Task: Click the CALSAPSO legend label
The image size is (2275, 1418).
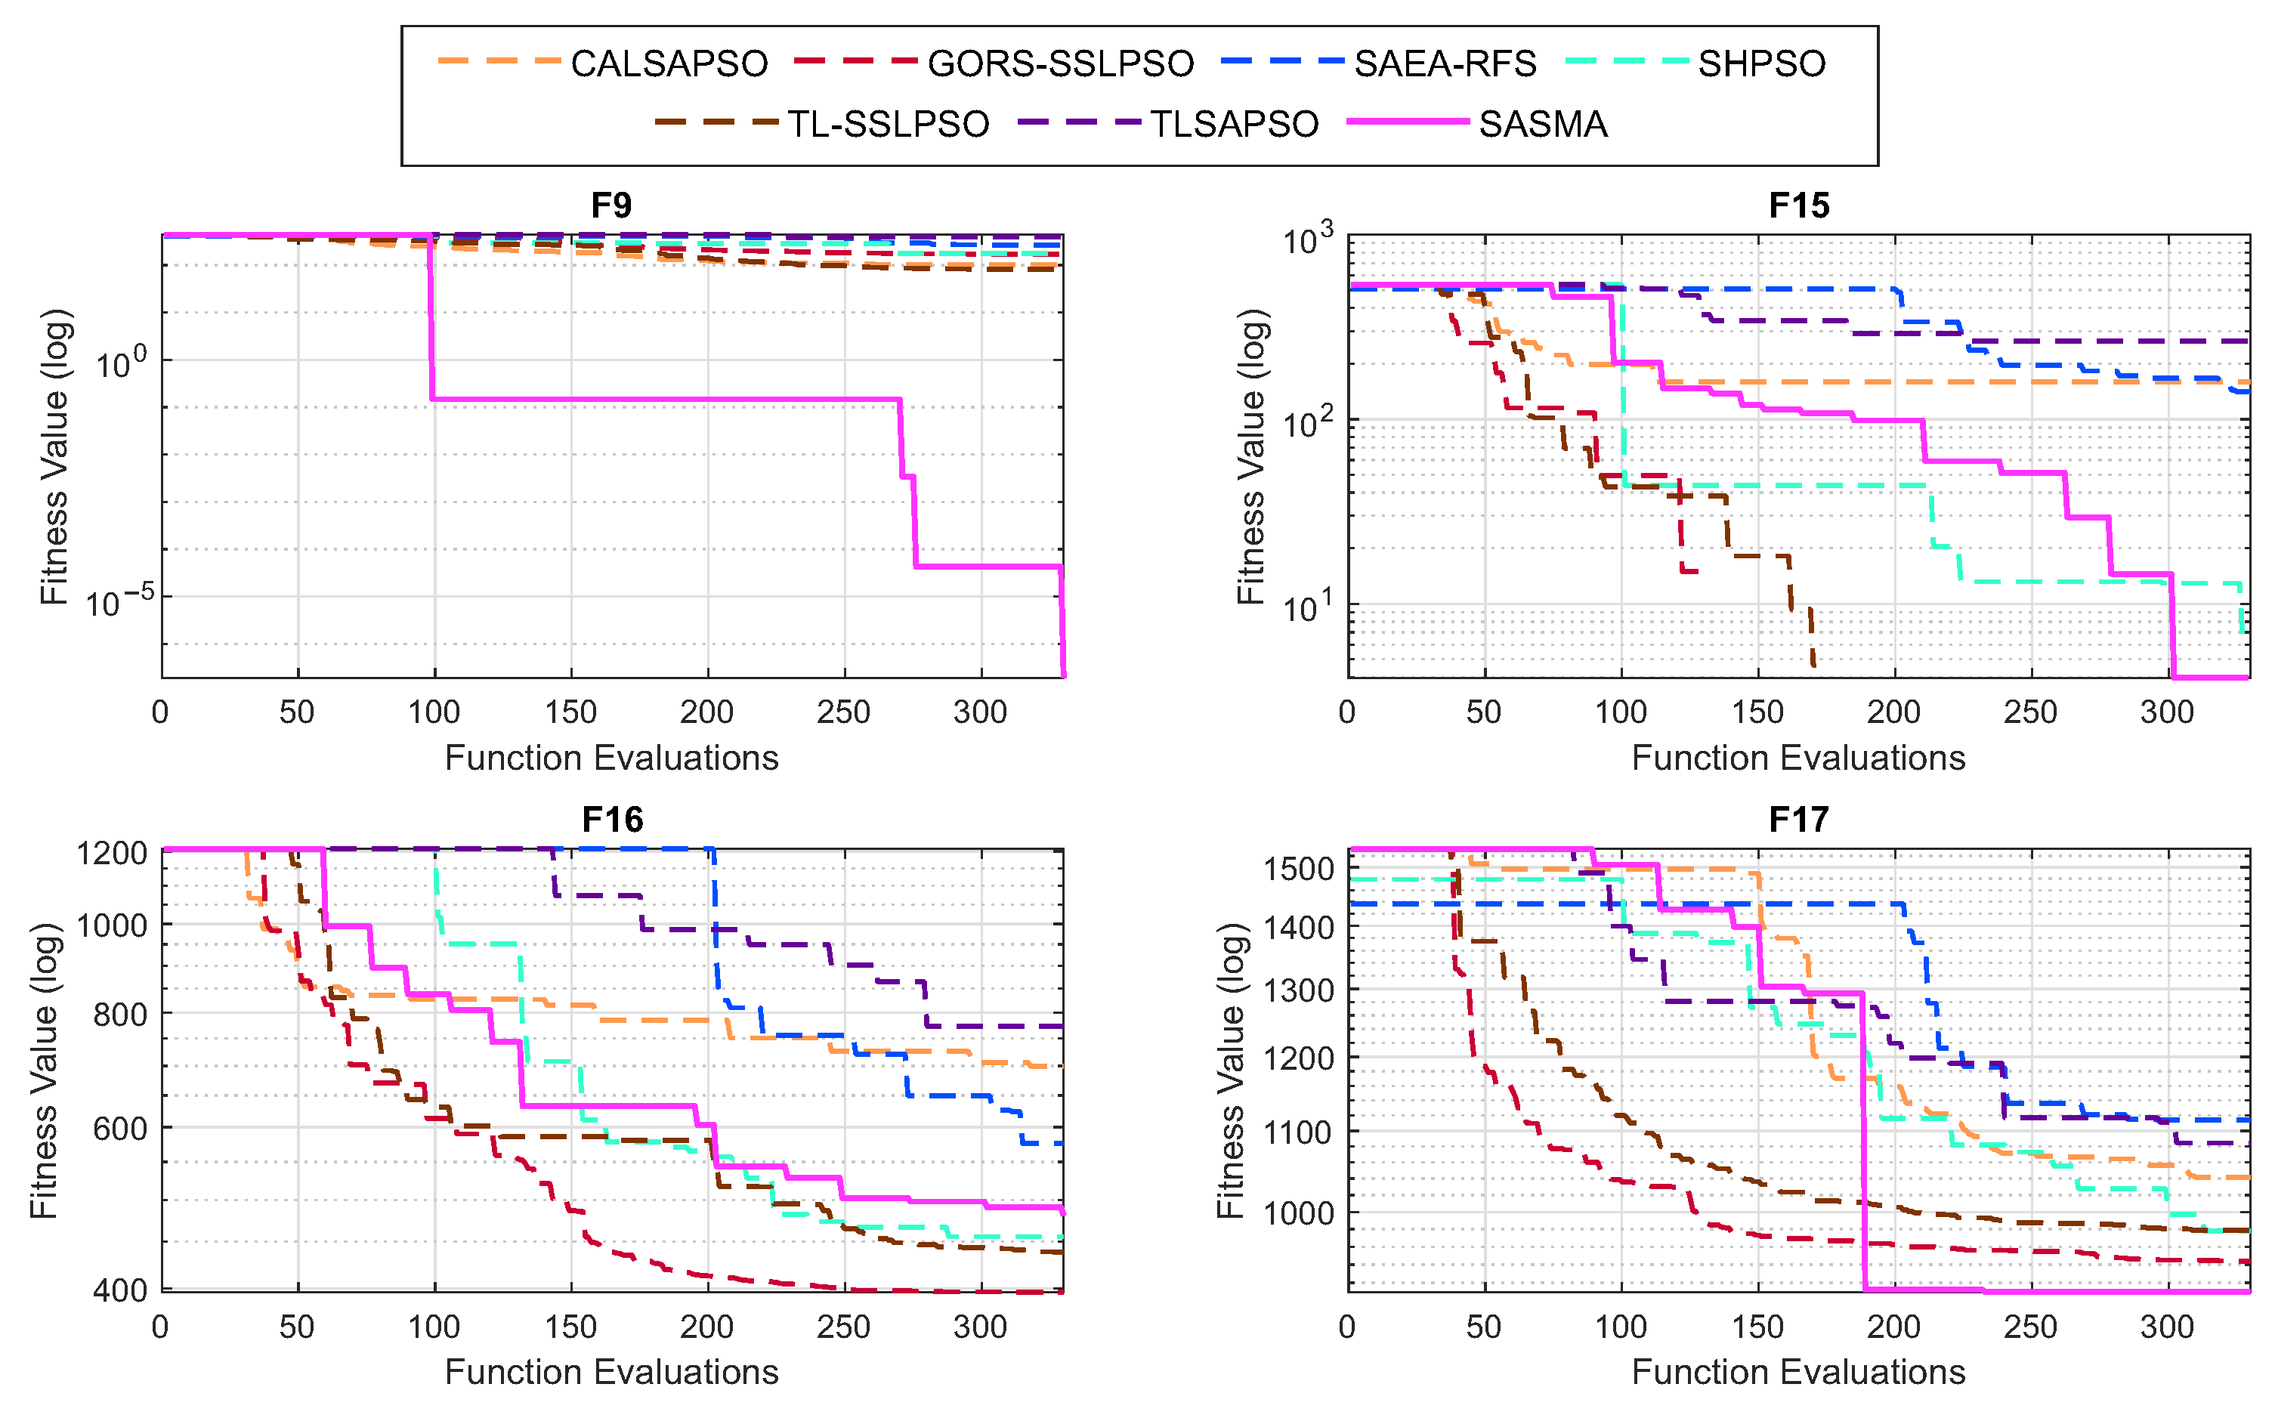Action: (x=669, y=63)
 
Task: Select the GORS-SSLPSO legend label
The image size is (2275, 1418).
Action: (x=1059, y=63)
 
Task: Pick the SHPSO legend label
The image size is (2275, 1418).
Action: (x=1761, y=63)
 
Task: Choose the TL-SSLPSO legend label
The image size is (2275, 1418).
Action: (x=887, y=124)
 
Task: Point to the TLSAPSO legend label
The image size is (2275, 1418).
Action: (x=1234, y=124)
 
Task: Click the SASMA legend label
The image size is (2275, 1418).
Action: (x=1543, y=124)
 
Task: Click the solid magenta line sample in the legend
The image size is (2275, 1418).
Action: (x=1407, y=122)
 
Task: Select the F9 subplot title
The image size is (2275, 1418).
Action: (x=611, y=205)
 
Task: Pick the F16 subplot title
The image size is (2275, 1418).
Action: (x=611, y=820)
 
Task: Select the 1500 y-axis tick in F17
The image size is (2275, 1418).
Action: (x=1299, y=870)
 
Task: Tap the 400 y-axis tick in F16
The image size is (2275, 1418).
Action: (x=120, y=1290)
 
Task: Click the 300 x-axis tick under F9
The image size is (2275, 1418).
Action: (x=980, y=712)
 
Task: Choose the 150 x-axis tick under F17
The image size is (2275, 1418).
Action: (x=1757, y=1327)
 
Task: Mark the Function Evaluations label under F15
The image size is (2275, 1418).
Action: (x=1797, y=758)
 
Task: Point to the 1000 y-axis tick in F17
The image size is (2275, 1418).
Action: (x=1299, y=1213)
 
